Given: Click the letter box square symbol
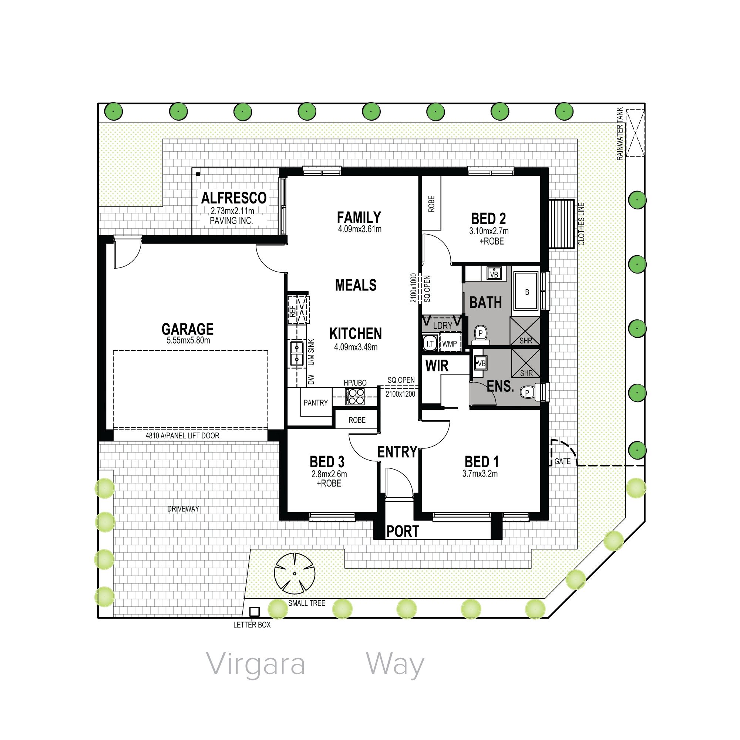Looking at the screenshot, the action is [254, 612].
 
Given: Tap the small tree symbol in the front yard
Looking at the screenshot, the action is [295, 573].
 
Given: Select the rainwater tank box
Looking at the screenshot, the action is [635, 133].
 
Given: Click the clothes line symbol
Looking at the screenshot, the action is [561, 224].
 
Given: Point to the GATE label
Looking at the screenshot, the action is [562, 461].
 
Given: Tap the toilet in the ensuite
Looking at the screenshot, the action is [530, 392].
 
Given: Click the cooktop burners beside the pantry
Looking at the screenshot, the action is [355, 396].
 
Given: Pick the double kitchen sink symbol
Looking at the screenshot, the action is [297, 353].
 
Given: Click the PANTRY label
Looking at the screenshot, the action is [316, 403].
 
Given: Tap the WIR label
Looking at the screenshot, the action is [437, 366].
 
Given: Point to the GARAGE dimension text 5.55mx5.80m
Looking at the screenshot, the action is [188, 340].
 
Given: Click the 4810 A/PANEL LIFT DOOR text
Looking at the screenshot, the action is [182, 435].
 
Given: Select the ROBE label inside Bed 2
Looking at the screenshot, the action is [431, 204].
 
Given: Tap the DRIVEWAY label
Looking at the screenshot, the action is [183, 509].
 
